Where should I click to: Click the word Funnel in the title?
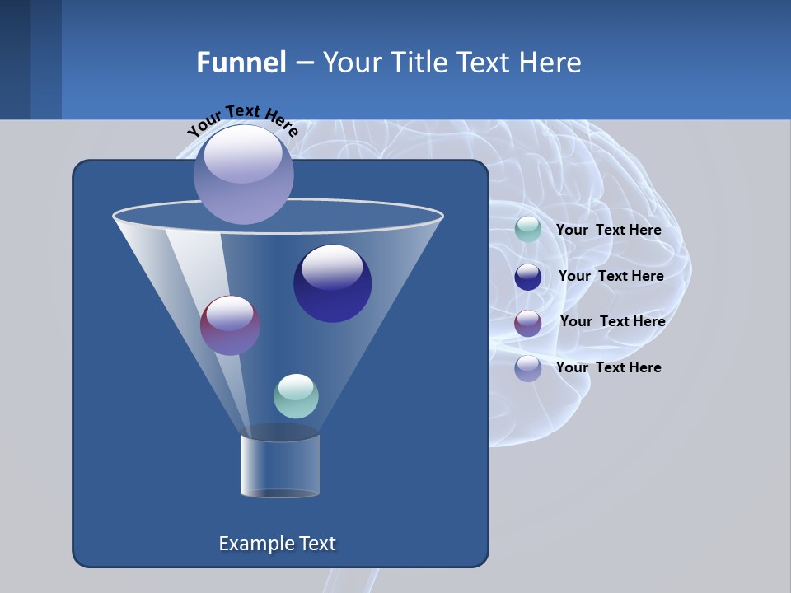coord(241,63)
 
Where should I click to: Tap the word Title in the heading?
coord(419,63)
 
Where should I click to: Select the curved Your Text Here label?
coord(243,119)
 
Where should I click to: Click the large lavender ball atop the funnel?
coord(244,174)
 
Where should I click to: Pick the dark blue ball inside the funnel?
coord(332,283)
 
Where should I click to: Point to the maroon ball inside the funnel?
coord(230,325)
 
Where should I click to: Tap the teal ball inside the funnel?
coord(296,396)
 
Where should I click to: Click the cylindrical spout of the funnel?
coord(280,465)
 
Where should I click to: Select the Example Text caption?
coord(278,544)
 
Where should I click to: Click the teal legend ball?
coord(528,230)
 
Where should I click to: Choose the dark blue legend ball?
coord(528,277)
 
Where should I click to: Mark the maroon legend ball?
coord(528,323)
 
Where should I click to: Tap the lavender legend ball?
coord(528,368)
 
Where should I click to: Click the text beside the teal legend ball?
coord(608,231)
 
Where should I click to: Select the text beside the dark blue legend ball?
coord(611,277)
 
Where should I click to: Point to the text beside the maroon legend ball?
coord(612,322)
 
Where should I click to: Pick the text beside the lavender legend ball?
coord(608,368)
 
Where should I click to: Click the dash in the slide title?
coord(303,63)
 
